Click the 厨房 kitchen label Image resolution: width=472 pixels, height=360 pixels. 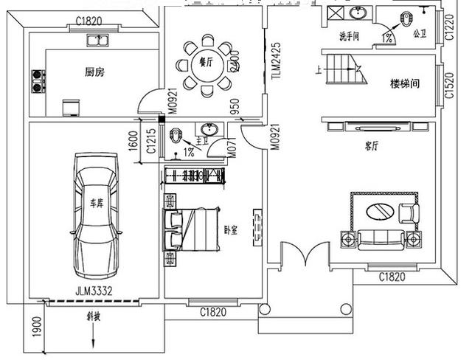click(92, 72)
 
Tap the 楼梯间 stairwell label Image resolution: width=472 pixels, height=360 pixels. click(404, 83)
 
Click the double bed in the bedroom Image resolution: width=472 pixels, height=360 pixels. click(193, 230)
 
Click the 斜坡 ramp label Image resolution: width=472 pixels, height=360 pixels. click(93, 318)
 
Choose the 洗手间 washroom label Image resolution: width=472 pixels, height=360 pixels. click(349, 35)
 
